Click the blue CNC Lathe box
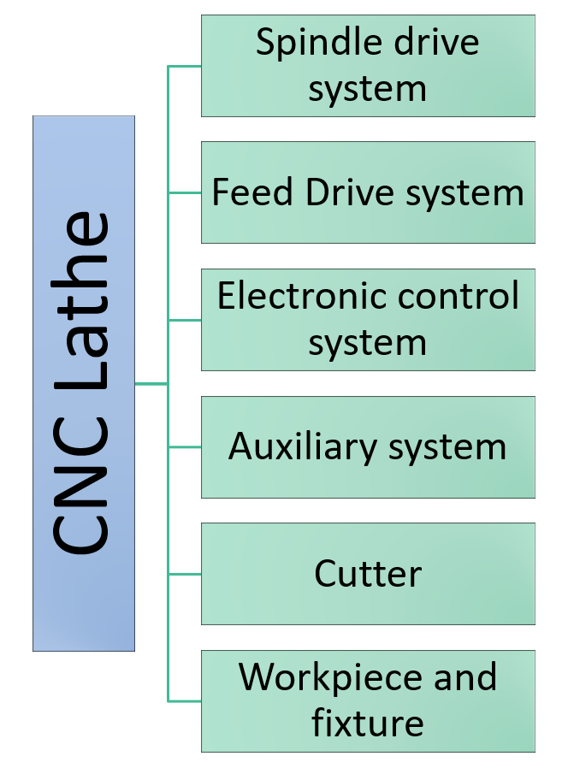coord(84,383)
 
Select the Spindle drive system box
coord(368,66)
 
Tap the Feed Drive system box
coord(368,192)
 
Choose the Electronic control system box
coord(368,319)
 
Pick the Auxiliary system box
coord(368,446)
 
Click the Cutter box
coord(368,573)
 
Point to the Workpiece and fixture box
coord(368,700)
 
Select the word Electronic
coord(287,296)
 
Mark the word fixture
coord(368,724)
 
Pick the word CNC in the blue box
coord(84,492)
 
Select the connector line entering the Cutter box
coord(185,573)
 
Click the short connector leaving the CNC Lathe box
coord(151,384)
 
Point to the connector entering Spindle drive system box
coord(185,66)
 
